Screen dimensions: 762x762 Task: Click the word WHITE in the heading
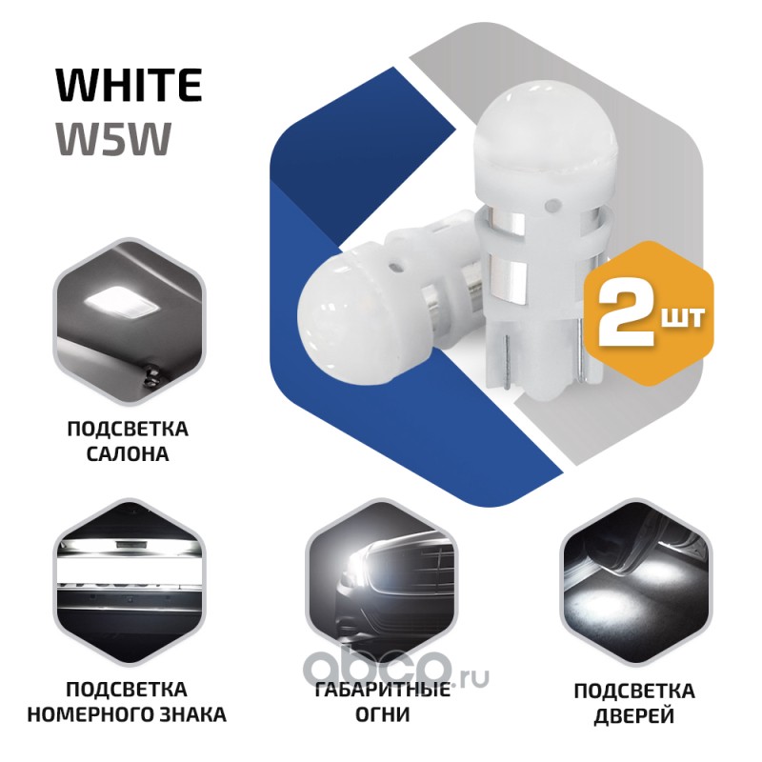click(x=129, y=85)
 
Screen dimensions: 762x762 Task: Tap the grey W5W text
click(x=113, y=138)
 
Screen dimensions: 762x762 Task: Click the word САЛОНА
click(x=128, y=454)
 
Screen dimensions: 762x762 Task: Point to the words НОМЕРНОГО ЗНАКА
click(x=127, y=715)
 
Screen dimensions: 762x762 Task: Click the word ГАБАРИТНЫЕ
click(x=383, y=690)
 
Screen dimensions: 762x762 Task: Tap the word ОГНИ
click(x=383, y=715)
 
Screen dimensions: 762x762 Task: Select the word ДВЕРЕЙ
click(x=634, y=716)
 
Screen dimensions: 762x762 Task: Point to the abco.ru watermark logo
click(x=396, y=670)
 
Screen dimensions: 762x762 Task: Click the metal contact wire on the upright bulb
click(x=505, y=359)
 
